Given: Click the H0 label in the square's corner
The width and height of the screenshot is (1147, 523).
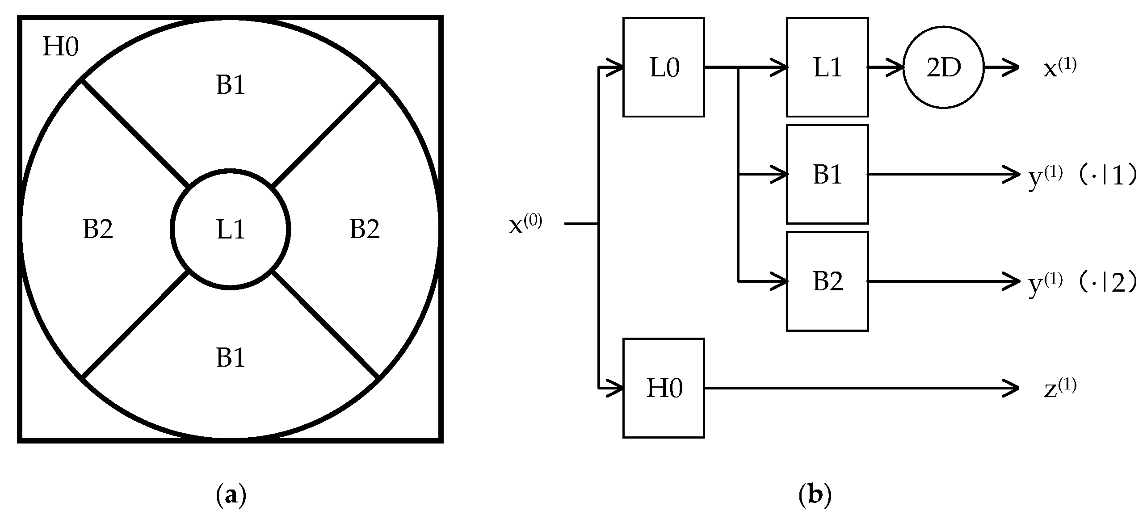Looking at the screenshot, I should coord(60,47).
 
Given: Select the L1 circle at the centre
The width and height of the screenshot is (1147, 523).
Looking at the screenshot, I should coord(231,230).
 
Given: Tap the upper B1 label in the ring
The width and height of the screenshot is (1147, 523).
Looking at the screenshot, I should coord(231,84).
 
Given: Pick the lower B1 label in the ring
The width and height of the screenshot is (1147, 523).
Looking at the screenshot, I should coord(231,358).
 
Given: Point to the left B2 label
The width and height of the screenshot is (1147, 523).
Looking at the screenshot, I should coord(98,230).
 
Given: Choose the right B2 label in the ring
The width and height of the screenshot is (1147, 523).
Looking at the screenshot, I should coord(365,230).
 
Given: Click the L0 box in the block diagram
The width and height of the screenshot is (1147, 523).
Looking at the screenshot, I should coord(664,67).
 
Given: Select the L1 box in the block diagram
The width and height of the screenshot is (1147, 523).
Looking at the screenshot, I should coord(827,67).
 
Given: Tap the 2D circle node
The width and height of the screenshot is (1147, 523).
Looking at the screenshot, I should coord(943,67).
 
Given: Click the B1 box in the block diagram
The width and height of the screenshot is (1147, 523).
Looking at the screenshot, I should coord(827,174).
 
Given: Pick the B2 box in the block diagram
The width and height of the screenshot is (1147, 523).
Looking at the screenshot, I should coord(827,281).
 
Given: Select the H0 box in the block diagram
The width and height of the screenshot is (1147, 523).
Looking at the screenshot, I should coord(664,388).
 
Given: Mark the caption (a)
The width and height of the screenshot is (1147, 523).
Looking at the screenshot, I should coord(231,496).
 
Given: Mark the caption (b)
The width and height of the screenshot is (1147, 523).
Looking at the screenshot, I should coord(815,496).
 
